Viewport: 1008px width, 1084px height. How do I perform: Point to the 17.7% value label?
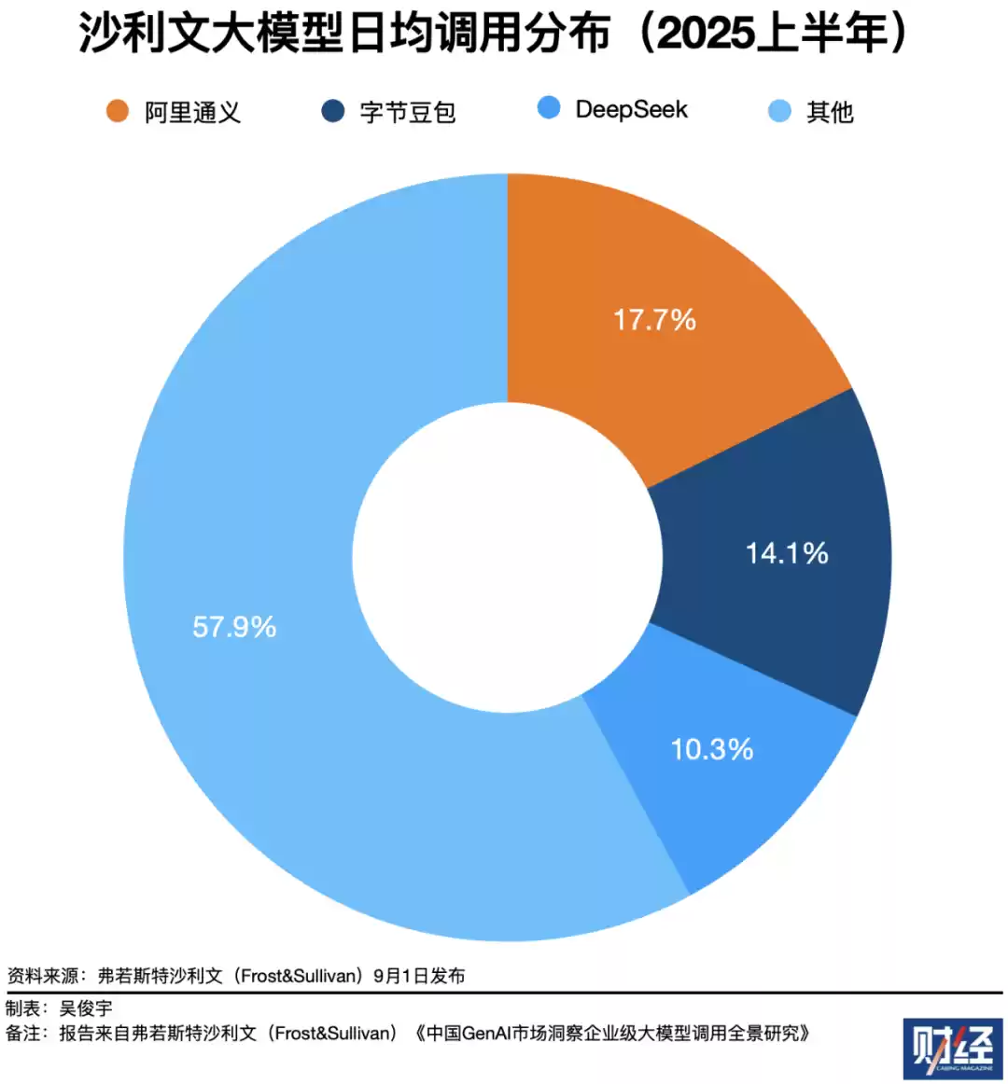tap(654, 321)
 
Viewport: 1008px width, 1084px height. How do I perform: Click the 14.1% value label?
tap(787, 554)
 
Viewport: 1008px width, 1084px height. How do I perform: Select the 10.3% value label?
tap(712, 750)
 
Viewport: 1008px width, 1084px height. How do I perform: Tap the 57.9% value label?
tap(234, 627)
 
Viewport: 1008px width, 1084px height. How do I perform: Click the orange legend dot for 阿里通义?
tap(117, 111)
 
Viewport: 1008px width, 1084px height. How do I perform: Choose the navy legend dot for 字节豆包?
tap(332, 111)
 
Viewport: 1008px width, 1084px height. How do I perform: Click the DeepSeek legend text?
tap(631, 110)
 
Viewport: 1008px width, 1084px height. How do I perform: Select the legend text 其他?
tap(830, 112)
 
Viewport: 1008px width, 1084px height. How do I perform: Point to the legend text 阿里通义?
tap(192, 113)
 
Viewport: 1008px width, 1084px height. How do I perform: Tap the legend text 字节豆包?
tap(408, 113)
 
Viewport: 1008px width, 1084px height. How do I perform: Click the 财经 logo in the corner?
tap(952, 1049)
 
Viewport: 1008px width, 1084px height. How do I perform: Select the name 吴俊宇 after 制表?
tap(86, 1008)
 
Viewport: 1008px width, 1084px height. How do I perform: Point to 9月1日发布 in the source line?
tap(419, 977)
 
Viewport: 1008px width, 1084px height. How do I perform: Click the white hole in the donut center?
tap(507, 557)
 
